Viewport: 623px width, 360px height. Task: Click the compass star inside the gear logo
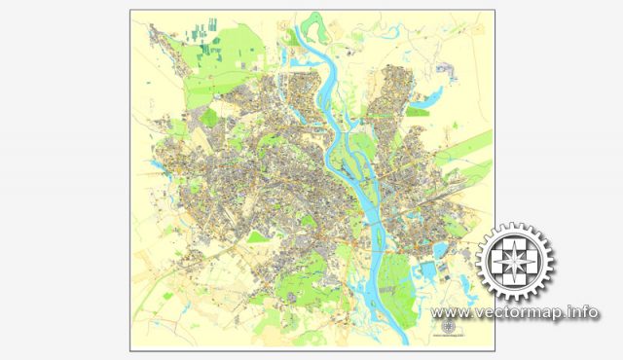tap(513, 262)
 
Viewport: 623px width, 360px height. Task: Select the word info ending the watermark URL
tap(584, 312)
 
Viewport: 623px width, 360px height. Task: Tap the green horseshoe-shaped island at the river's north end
tap(314, 21)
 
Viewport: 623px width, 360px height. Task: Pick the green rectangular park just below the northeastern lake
tap(419, 112)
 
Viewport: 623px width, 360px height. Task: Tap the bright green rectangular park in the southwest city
tap(258, 236)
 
